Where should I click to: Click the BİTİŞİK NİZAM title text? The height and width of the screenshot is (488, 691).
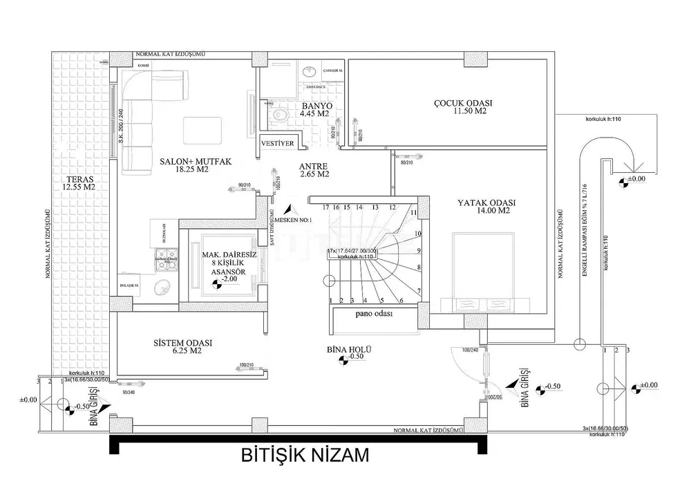[x=305, y=456]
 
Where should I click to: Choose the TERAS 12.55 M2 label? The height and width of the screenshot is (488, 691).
[x=77, y=182]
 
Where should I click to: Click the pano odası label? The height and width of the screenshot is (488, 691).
[x=375, y=313]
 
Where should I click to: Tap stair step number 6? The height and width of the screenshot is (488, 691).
[x=401, y=300]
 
